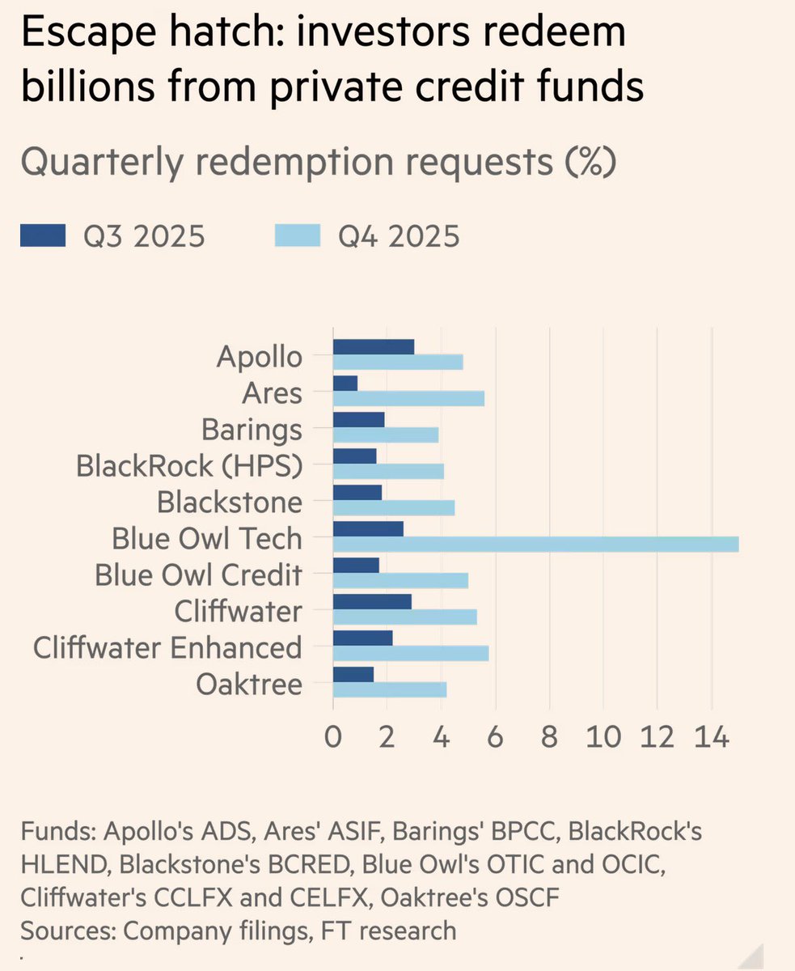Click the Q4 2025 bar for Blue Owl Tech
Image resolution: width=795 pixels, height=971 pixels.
pyautogui.click(x=535, y=545)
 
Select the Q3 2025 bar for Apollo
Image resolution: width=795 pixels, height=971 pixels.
pyautogui.click(x=374, y=346)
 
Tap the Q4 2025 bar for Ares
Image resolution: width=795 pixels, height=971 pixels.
pyautogui.click(x=408, y=398)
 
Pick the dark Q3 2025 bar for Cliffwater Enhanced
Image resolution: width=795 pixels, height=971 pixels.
pyautogui.click(x=362, y=638)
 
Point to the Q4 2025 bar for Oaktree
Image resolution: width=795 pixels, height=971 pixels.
pyautogui.click(x=390, y=689)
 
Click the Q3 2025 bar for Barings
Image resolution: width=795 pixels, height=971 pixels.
pyautogui.click(x=358, y=419)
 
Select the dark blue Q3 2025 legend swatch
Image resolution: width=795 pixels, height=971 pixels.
pyautogui.click(x=42, y=237)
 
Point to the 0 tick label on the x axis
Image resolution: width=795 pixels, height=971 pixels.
pyautogui.click(x=333, y=738)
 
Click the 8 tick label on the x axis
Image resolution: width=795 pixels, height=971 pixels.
pyautogui.click(x=550, y=738)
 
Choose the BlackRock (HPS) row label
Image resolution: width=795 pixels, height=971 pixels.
pyautogui.click(x=189, y=466)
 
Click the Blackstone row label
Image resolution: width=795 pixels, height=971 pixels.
pyautogui.click(x=230, y=502)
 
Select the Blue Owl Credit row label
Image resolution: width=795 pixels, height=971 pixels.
pyautogui.click(x=198, y=575)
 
